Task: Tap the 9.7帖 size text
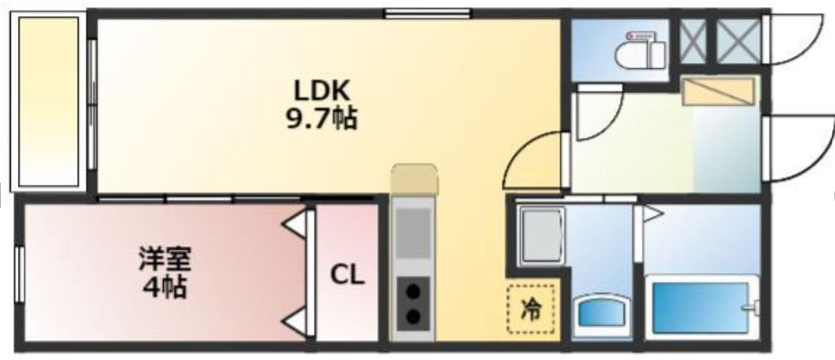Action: click(x=322, y=117)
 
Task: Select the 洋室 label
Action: click(x=164, y=261)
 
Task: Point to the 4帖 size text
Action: click(x=164, y=288)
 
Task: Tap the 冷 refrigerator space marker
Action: click(x=531, y=309)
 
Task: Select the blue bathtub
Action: click(x=700, y=308)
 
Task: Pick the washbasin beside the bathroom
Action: click(x=601, y=313)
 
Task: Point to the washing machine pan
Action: click(x=541, y=235)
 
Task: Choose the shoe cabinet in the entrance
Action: click(x=719, y=90)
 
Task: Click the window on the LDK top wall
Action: click(x=427, y=13)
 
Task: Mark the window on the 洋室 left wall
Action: click(x=18, y=274)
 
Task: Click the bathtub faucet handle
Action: click(x=753, y=308)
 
